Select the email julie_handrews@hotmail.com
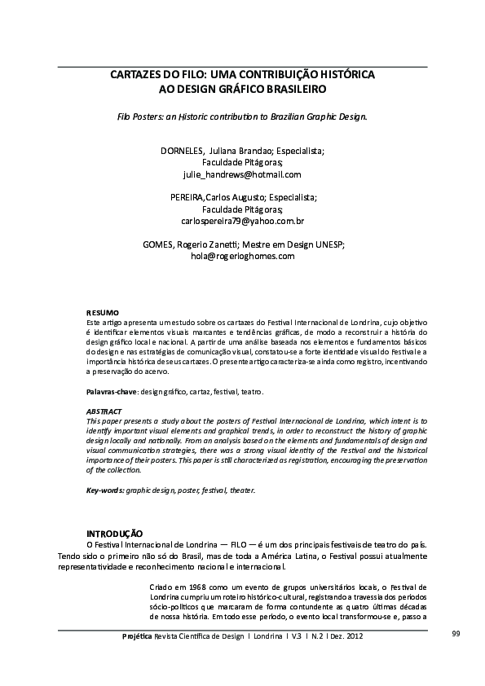(x=242, y=174)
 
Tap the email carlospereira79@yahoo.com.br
(x=242, y=221)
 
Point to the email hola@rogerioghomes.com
(x=242, y=256)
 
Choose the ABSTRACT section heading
(x=104, y=411)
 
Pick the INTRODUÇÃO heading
(x=115, y=532)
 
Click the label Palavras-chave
(x=112, y=392)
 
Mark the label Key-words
(x=105, y=490)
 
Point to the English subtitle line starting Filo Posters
(x=242, y=117)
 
